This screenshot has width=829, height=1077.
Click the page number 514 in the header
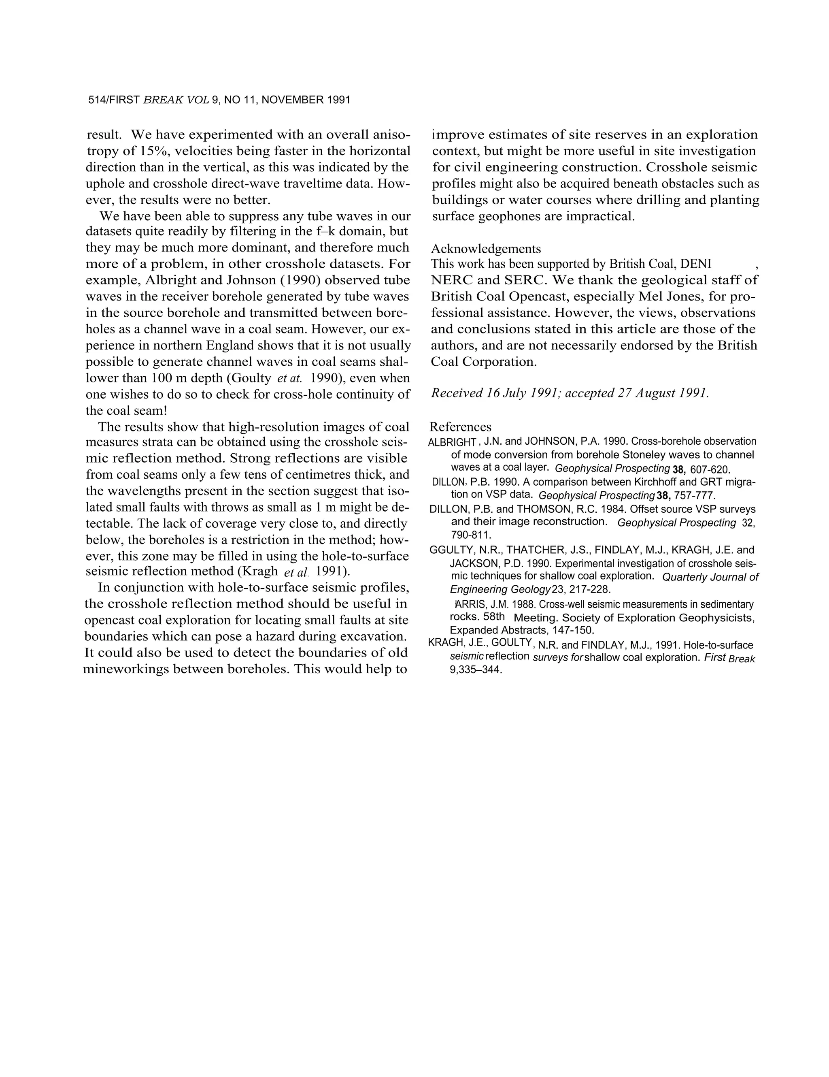(x=97, y=100)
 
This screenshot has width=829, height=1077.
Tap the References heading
(x=460, y=427)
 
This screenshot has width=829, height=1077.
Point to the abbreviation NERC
(x=451, y=280)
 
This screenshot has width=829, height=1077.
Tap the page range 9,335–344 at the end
(x=476, y=671)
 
